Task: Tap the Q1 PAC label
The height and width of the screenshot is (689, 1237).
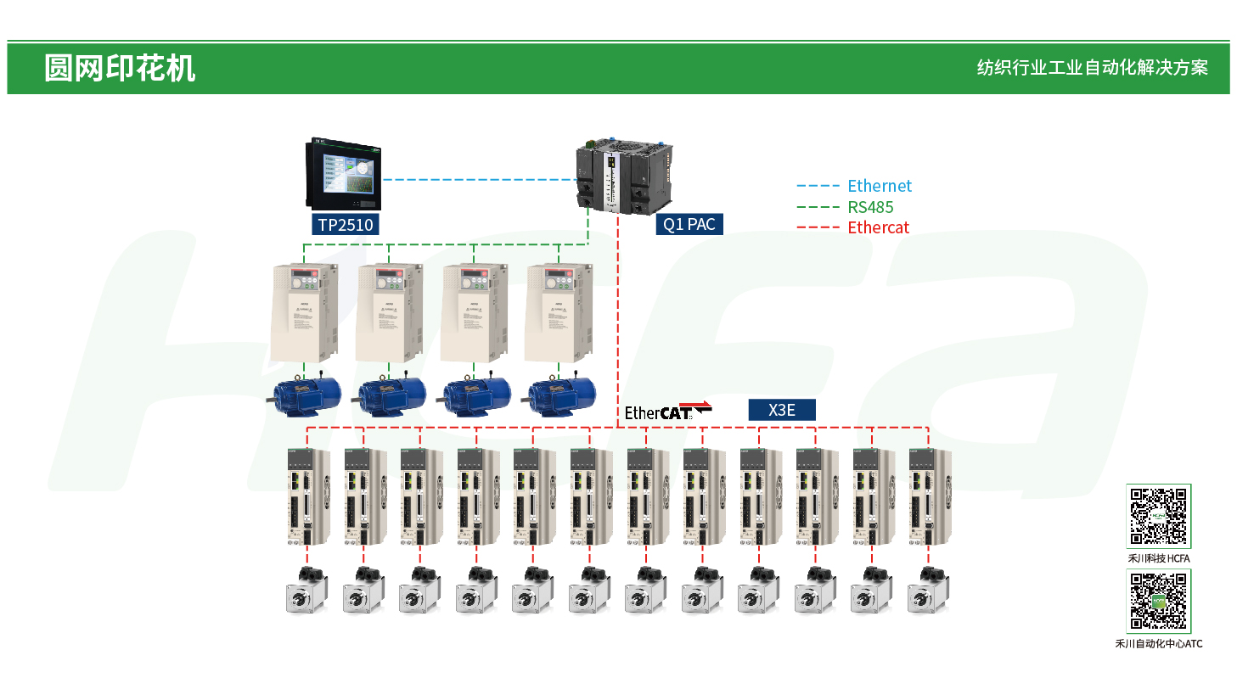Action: (689, 224)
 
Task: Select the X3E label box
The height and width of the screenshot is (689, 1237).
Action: (781, 411)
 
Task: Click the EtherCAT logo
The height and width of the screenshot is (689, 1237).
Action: (667, 411)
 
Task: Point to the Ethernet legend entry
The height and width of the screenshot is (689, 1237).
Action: (879, 186)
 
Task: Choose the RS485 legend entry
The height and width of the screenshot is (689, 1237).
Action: (870, 207)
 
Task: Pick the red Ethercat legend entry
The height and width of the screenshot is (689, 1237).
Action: (878, 227)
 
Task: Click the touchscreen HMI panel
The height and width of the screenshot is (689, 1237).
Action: (344, 175)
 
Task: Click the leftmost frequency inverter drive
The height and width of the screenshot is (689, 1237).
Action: (304, 311)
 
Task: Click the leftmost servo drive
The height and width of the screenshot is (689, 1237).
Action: (306, 496)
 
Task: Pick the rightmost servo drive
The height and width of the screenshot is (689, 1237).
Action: (928, 496)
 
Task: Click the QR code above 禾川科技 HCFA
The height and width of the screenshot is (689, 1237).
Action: (1158, 516)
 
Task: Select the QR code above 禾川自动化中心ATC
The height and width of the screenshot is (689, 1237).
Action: (1158, 601)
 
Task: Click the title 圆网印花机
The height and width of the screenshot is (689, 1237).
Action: (120, 68)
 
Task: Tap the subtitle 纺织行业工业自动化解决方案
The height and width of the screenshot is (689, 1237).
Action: (1092, 68)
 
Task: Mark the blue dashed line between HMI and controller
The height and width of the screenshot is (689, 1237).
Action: (478, 179)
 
